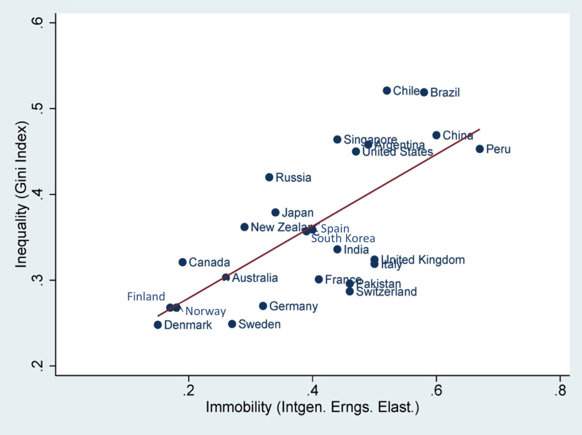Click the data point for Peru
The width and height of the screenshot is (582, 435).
click(479, 149)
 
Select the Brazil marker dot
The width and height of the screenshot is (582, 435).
click(424, 92)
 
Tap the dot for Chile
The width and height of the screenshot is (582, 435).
click(386, 90)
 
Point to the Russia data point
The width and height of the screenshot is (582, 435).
click(269, 177)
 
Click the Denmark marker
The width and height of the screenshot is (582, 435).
click(158, 325)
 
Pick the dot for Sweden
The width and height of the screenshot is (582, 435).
click(232, 324)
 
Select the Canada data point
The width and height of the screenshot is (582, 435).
click(182, 262)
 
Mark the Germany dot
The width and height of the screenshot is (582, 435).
click(263, 306)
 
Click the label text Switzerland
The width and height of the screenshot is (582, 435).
click(386, 292)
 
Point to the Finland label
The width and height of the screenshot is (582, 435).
click(146, 297)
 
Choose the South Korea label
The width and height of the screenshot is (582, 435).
click(343, 238)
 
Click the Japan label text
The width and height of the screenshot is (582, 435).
click(298, 213)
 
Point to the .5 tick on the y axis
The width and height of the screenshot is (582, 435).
click(40, 109)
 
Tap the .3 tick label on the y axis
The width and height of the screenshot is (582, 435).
click(40, 280)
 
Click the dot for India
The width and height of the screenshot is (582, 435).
click(337, 249)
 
